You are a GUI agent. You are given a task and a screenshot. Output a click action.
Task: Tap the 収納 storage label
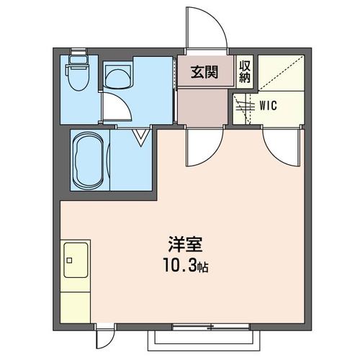tap(246, 71)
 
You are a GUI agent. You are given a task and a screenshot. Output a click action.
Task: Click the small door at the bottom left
tap(106, 336)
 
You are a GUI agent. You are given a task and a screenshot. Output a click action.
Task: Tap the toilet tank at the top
tap(76, 53)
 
